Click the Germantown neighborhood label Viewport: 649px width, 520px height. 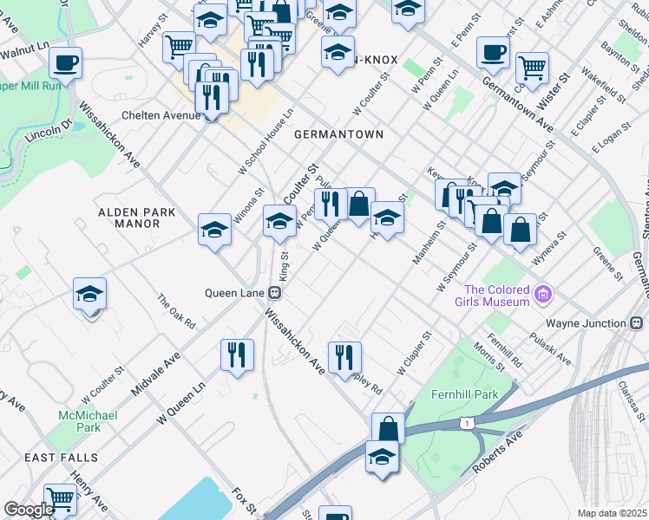pos(338,135)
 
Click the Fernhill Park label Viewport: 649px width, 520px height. pos(465,394)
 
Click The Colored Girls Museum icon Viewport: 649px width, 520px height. pos(544,295)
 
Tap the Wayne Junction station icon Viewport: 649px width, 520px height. pos(638,323)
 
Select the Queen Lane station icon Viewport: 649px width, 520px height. pos(273,292)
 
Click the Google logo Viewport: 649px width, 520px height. pos(28,510)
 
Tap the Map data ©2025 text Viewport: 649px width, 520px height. pos(612,513)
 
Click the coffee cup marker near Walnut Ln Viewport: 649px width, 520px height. pos(65,63)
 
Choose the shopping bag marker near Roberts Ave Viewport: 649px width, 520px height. pos(388,428)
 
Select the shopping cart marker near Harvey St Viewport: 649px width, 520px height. pos(179,45)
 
